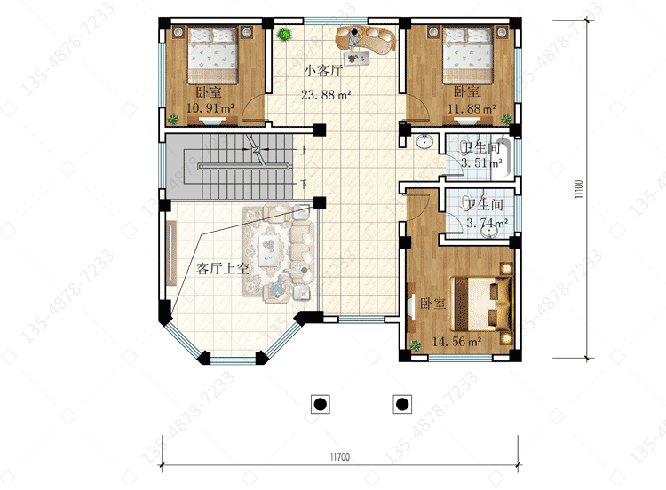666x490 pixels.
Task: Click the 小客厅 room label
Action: click(x=323, y=70)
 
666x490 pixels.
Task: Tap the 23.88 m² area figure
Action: click(x=326, y=95)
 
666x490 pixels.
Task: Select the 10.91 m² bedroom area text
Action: click(x=210, y=107)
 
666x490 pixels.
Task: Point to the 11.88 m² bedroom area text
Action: click(x=472, y=108)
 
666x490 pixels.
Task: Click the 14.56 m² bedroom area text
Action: click(x=456, y=341)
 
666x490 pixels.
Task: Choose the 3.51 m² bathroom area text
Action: click(x=481, y=162)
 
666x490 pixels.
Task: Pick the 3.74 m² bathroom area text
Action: click(x=488, y=223)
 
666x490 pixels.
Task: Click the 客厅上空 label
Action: click(x=222, y=268)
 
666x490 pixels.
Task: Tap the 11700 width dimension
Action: click(x=340, y=457)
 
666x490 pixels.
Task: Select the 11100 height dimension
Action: click(x=578, y=189)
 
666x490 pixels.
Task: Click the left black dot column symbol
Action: click(x=321, y=404)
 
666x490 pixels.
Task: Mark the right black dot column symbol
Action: click(x=401, y=404)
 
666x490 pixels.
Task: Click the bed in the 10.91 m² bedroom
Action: click(x=212, y=55)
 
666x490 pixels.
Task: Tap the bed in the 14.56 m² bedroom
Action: click(x=482, y=304)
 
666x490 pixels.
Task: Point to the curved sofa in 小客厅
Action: click(x=366, y=40)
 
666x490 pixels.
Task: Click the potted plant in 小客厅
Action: click(x=283, y=34)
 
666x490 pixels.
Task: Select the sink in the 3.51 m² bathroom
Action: click(x=424, y=141)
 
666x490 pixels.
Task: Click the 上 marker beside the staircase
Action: click(x=304, y=150)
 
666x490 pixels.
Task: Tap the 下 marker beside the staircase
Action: click(x=304, y=184)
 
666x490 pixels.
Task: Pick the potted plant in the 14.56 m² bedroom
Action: click(x=416, y=345)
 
